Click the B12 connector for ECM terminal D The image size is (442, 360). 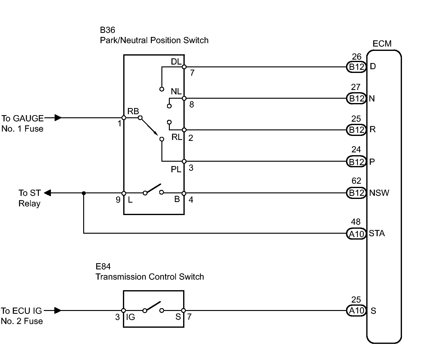356,67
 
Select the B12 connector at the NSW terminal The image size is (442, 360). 356,193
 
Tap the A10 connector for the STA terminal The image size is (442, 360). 356,233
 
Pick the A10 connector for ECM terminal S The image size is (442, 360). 356,311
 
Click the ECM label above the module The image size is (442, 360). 382,44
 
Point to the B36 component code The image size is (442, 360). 107,30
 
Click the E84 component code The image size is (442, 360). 103,267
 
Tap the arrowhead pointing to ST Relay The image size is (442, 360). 47,193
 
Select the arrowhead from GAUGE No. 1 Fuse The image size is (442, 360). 58,118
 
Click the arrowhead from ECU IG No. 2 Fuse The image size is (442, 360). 57,310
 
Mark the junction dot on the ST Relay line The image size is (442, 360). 83,193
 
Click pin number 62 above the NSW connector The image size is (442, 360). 356,181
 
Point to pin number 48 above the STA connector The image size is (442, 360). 356,222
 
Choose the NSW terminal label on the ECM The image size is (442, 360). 379,193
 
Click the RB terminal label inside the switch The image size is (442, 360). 133,111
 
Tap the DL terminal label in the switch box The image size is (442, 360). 176,62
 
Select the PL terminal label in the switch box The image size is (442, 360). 176,169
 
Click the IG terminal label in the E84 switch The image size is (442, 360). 131,317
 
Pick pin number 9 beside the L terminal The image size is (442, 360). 118,200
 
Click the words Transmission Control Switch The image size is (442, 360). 150,277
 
